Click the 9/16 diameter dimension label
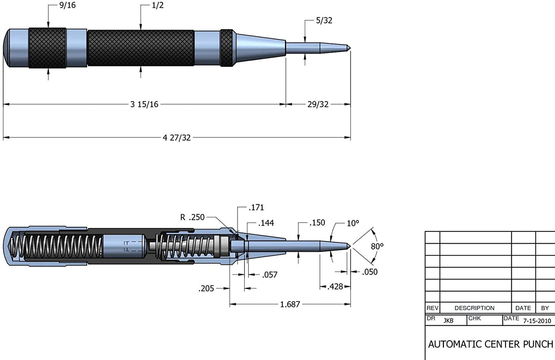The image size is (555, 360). pyautogui.click(x=67, y=5)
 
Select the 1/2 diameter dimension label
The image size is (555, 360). pyautogui.click(x=157, y=5)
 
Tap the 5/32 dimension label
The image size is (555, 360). pyautogui.click(x=324, y=20)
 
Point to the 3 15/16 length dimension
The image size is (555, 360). pyautogui.click(x=144, y=104)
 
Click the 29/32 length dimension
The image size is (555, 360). pyautogui.click(x=318, y=104)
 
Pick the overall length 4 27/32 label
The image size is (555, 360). pyautogui.click(x=177, y=138)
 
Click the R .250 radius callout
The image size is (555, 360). pyautogui.click(x=192, y=217)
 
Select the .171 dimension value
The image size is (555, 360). pyautogui.click(x=256, y=208)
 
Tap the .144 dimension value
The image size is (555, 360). pyautogui.click(x=266, y=223)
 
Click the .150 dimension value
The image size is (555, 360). pyautogui.click(x=317, y=223)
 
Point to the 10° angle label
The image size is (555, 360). pyautogui.click(x=353, y=223)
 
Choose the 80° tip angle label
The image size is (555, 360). pyautogui.click(x=377, y=246)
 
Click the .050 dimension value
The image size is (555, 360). pyautogui.click(x=369, y=272)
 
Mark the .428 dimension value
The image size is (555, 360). pyautogui.click(x=335, y=287)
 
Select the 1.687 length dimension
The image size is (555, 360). pyautogui.click(x=290, y=304)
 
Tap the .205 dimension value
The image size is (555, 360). pyautogui.click(x=206, y=289)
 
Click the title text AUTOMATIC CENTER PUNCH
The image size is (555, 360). pyautogui.click(x=490, y=344)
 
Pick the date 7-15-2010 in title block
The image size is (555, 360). pyautogui.click(x=537, y=321)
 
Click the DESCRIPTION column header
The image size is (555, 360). pyautogui.click(x=474, y=308)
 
